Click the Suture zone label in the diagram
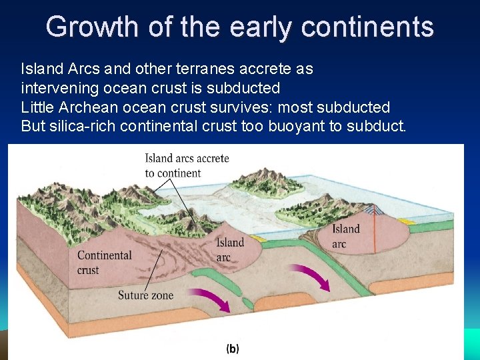point(145,295)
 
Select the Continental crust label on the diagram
point(105,262)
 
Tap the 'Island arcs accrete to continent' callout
point(187,165)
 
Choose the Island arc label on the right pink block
point(346,236)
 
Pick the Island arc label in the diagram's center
point(231,250)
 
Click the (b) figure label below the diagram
point(233,349)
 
